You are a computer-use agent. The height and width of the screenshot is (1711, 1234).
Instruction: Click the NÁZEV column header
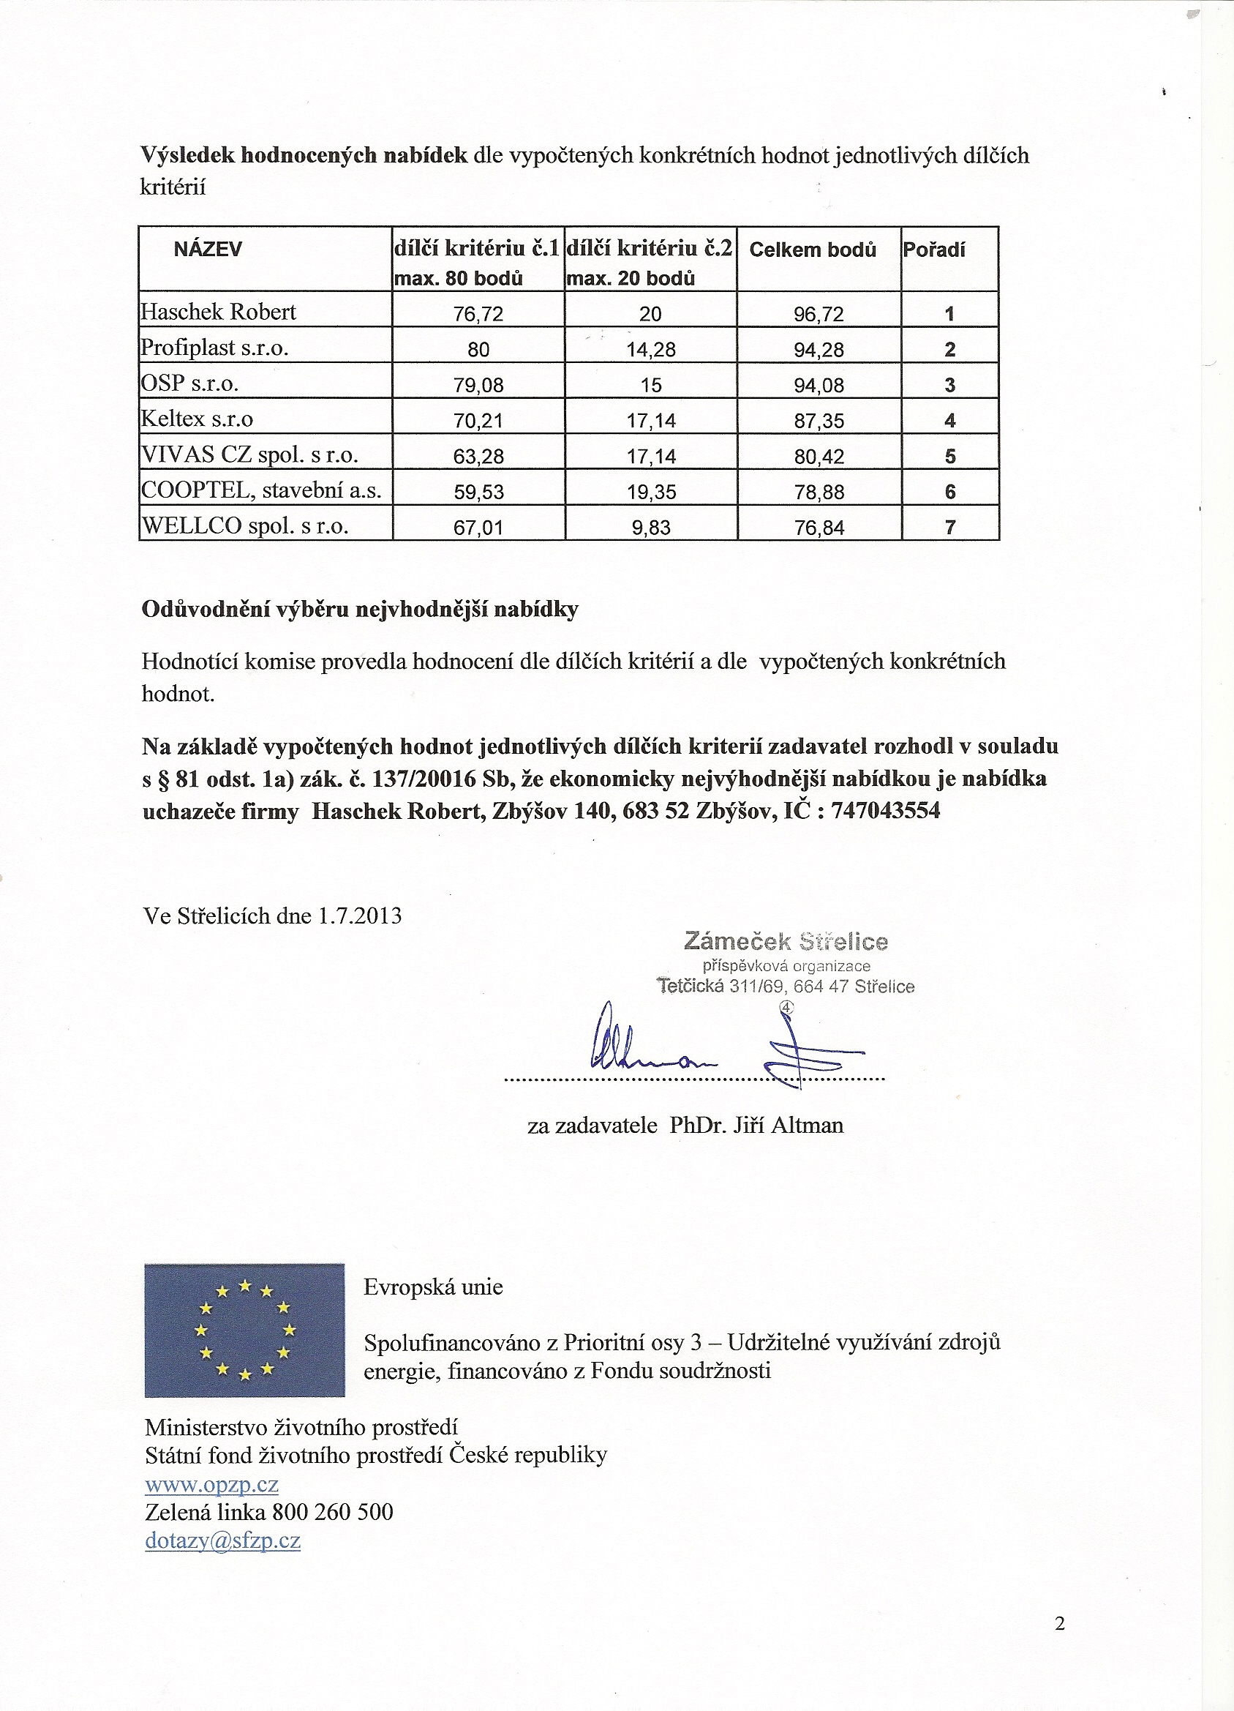[208, 250]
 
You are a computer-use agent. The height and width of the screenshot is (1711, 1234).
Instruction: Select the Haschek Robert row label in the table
[219, 312]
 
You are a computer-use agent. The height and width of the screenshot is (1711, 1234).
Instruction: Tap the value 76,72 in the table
[478, 314]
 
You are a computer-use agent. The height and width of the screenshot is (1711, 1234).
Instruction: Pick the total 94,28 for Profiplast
[819, 350]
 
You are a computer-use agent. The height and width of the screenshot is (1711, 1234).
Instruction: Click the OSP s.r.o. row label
[190, 383]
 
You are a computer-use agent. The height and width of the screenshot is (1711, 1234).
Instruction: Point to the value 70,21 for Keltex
[478, 421]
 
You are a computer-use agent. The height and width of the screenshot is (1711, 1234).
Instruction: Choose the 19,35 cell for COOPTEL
[650, 492]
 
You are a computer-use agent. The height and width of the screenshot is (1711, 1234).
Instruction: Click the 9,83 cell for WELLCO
[650, 528]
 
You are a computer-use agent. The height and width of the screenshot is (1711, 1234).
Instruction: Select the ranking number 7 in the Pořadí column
[949, 528]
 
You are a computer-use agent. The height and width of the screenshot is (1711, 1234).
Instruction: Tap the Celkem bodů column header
[813, 250]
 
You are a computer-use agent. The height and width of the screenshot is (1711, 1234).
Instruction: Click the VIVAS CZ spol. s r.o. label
[249, 455]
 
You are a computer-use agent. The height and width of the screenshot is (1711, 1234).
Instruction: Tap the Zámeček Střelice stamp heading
[786, 942]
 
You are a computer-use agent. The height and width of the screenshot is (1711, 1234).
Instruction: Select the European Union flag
[244, 1330]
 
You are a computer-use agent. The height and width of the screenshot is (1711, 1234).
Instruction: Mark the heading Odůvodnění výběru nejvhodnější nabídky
[360, 610]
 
